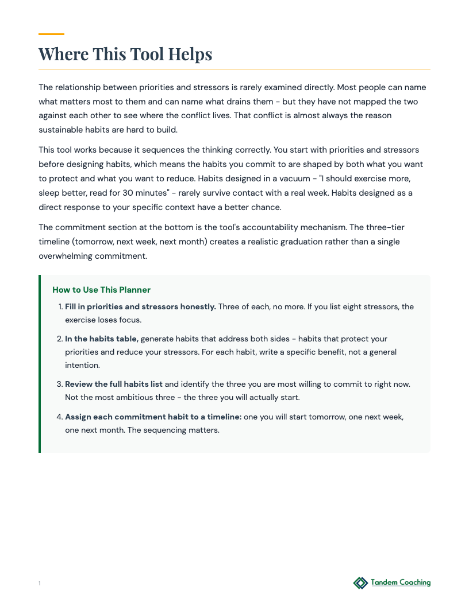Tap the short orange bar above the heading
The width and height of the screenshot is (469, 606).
[51, 34]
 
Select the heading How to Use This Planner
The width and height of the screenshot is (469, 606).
[101, 290]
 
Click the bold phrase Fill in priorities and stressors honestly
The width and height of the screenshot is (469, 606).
[140, 306]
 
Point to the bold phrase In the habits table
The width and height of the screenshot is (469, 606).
[102, 339]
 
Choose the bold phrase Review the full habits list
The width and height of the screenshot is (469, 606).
[114, 383]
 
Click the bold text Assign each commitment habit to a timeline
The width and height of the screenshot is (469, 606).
[153, 417]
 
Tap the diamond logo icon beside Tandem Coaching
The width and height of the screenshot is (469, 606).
[360, 583]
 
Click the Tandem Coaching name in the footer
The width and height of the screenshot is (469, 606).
[401, 582]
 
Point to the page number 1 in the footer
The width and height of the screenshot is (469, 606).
[40, 584]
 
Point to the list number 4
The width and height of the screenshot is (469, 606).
[59, 417]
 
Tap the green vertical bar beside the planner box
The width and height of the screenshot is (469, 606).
[40, 364]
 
